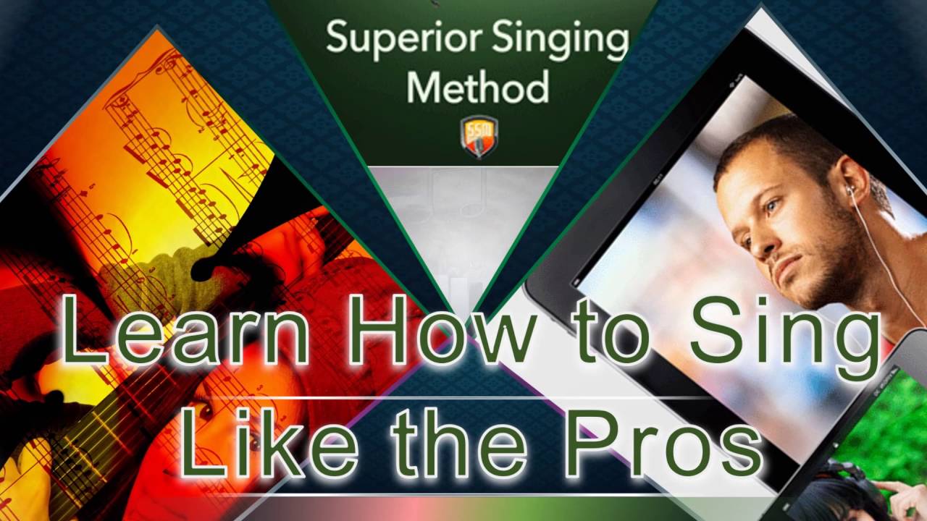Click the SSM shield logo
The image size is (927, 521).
coord(479,136)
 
